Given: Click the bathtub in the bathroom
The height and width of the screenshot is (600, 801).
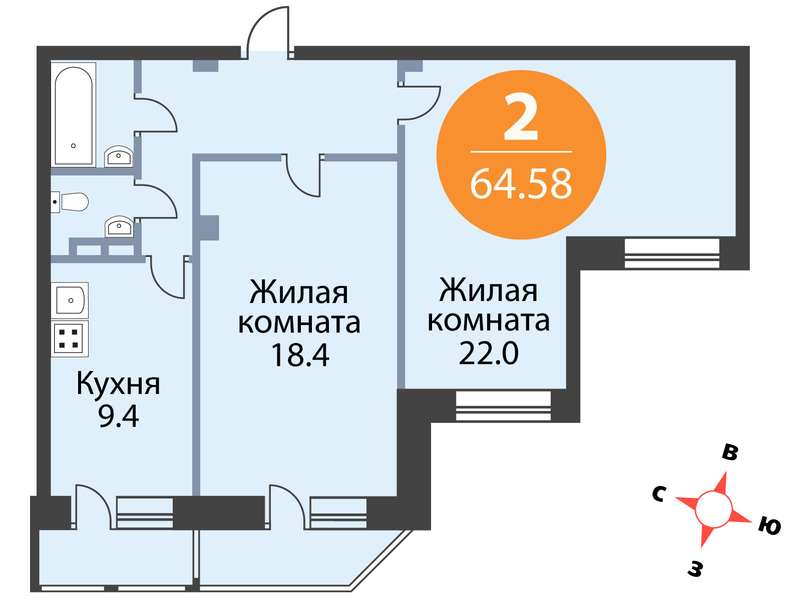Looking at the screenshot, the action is [x=74, y=115].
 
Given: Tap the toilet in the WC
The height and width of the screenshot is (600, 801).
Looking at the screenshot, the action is [x=70, y=202].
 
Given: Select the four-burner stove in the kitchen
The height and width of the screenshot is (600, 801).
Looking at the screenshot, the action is [x=70, y=339].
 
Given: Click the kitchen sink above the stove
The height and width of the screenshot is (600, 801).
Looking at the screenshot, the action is [x=70, y=300].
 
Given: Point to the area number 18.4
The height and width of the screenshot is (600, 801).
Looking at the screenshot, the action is [x=300, y=355].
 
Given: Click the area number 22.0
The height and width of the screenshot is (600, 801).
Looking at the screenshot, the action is [x=489, y=353].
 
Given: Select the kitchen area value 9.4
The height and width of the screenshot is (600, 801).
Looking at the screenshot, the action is [x=119, y=416].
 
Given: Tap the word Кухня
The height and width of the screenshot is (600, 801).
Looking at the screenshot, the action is [x=118, y=385].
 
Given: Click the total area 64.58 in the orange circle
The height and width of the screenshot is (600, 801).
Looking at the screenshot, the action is [x=521, y=184].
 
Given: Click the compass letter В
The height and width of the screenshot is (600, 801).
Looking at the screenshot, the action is [x=730, y=453].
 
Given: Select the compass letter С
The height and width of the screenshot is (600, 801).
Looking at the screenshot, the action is [x=659, y=494].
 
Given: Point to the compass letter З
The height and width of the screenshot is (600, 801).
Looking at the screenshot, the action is [x=695, y=569].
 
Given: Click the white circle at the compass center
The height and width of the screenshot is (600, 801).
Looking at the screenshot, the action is [x=713, y=509].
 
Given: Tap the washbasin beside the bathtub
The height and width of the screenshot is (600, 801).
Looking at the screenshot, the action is [x=119, y=156].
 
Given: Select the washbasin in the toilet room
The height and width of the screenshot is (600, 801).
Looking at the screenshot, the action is [x=119, y=226].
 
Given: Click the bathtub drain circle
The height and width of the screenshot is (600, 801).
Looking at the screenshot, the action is [x=74, y=145].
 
